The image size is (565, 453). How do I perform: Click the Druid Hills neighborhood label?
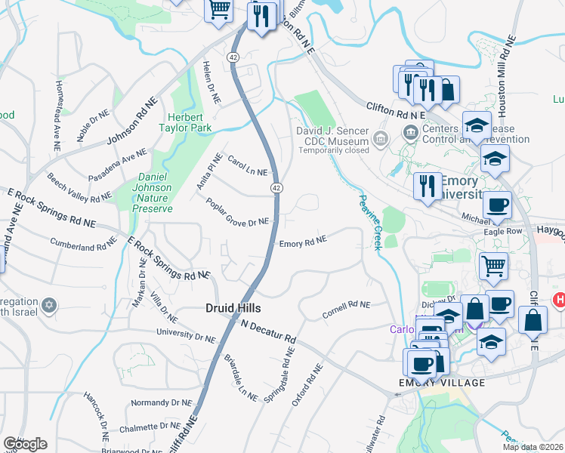[x=233, y=308]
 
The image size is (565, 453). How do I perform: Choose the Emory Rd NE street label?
[x=302, y=243]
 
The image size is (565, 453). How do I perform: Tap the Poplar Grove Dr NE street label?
[x=237, y=211]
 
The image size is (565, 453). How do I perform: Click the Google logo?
[x=25, y=444]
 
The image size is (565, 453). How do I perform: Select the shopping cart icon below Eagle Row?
[x=492, y=265]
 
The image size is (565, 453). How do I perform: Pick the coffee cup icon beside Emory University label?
[x=497, y=204]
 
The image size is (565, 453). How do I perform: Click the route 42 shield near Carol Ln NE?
[x=277, y=187]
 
